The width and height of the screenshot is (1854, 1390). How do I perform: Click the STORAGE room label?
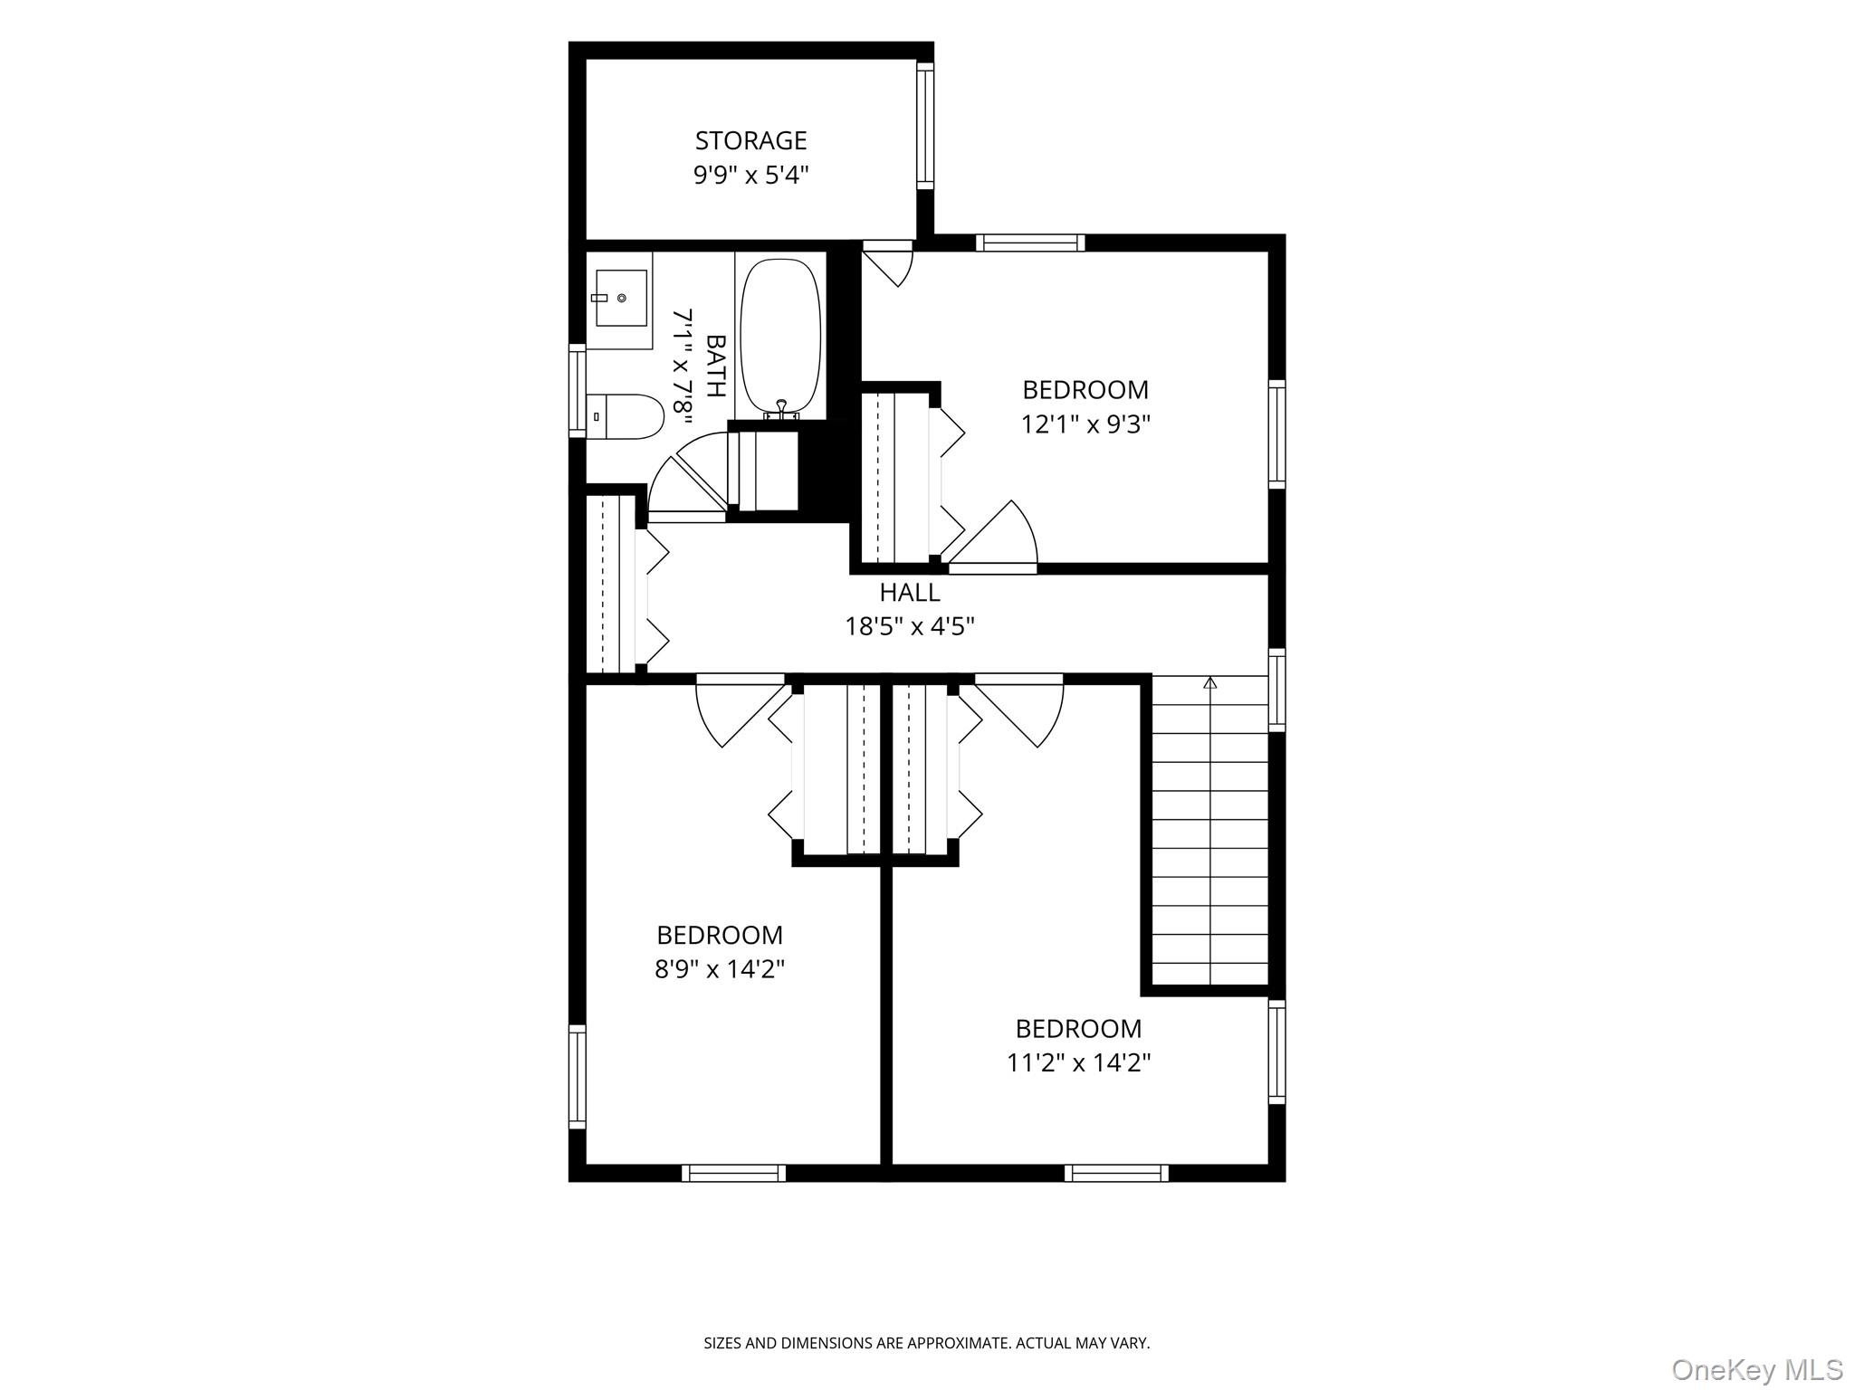(750, 140)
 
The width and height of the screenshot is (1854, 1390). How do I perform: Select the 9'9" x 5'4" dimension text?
(750, 175)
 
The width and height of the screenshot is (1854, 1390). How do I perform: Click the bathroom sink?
(620, 298)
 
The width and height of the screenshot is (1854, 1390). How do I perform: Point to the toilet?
(626, 416)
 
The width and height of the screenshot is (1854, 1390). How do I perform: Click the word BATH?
(715, 367)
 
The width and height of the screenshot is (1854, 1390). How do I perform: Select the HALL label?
(910, 593)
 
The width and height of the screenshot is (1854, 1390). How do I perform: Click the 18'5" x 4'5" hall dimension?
(910, 626)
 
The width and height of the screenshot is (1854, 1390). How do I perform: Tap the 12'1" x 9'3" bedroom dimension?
(1085, 424)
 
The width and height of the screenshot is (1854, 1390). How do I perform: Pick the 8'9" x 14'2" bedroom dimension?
(720, 969)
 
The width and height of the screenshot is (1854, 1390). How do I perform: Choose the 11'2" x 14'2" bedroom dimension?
(1078, 1062)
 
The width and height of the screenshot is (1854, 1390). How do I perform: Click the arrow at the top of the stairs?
(1209, 682)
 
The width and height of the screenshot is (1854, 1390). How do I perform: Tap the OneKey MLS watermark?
(1757, 1369)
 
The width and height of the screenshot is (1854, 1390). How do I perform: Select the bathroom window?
(577, 391)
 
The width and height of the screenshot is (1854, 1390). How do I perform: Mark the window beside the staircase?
(1276, 690)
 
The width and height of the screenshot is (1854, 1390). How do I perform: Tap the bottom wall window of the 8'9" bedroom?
(733, 1173)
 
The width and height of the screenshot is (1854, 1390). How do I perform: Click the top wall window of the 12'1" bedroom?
(1030, 243)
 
